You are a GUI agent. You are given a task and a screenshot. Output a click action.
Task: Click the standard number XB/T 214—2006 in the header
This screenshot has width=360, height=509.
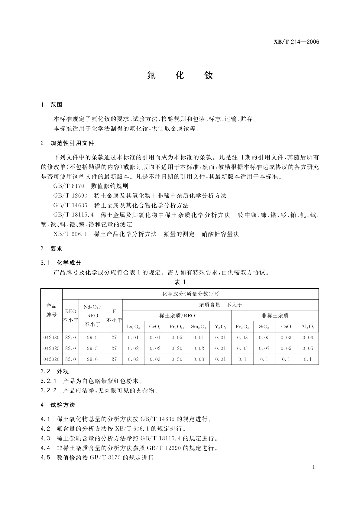click(296, 42)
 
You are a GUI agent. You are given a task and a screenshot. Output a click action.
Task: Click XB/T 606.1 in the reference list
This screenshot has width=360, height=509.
click(70, 234)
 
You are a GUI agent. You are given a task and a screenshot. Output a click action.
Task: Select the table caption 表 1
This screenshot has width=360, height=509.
click(180, 282)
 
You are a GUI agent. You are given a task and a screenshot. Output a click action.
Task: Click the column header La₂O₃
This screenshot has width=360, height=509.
click(133, 327)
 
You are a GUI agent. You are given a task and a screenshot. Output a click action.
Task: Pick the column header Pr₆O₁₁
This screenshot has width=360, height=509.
click(177, 327)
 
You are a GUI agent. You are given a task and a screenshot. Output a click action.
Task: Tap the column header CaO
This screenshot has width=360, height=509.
click(286, 327)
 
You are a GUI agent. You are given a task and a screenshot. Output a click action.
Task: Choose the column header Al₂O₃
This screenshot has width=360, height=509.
click(307, 327)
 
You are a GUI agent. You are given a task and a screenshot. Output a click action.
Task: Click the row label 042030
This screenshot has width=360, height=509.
click(51, 338)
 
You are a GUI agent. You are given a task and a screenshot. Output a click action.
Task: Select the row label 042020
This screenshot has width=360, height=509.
click(51, 359)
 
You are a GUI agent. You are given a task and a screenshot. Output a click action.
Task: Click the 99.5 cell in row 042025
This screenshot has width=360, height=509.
click(92, 349)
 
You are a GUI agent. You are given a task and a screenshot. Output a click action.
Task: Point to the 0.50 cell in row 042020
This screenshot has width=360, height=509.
click(177, 359)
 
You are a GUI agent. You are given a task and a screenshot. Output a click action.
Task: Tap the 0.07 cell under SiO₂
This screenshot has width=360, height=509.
click(264, 349)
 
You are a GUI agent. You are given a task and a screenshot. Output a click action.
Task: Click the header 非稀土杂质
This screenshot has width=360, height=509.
click(275, 316)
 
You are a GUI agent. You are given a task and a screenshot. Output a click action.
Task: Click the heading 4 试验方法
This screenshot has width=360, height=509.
click(58, 405)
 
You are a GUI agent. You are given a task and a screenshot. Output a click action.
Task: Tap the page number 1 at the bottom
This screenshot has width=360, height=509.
click(314, 467)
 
